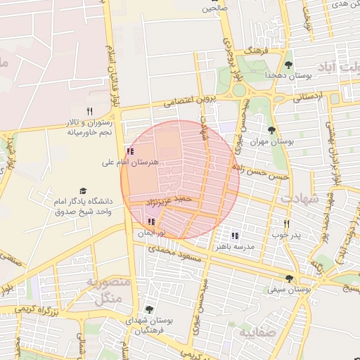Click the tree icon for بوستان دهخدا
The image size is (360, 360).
(288, 65)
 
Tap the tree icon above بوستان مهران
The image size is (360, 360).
(272, 130)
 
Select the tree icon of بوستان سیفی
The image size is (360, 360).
(289, 278)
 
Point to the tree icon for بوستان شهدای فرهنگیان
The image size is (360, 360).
(148, 309)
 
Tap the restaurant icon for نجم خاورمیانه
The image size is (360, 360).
(89, 111)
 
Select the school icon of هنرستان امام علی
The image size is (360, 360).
(129, 151)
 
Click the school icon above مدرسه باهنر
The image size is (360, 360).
(235, 236)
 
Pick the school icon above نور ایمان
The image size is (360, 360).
(151, 221)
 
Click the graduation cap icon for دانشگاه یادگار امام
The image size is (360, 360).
(83, 191)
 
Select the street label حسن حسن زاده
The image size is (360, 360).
(263, 172)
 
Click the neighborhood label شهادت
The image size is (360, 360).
(300, 199)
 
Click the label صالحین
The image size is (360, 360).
(215, 8)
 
